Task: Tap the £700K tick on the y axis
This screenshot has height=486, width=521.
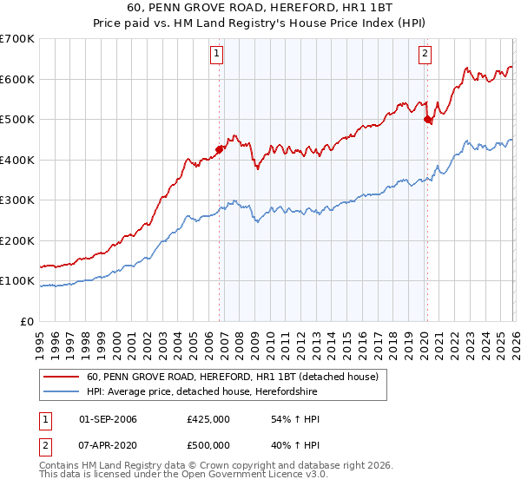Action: pyautogui.click(x=16, y=39)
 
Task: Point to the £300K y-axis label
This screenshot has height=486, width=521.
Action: pyautogui.click(x=16, y=200)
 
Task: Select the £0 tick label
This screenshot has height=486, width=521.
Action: pyautogui.click(x=25, y=321)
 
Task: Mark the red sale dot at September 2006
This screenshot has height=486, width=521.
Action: pyautogui.click(x=219, y=149)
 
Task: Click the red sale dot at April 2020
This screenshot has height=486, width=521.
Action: pyautogui.click(x=426, y=120)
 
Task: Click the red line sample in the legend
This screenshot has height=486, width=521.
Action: pyautogui.click(x=62, y=378)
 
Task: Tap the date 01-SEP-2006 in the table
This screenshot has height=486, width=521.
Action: pyautogui.click(x=108, y=419)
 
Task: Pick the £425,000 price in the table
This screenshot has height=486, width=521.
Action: pyautogui.click(x=208, y=419)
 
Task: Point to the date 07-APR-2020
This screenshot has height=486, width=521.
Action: pyautogui.click(x=108, y=444)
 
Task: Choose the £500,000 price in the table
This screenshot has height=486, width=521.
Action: pyautogui.click(x=208, y=444)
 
